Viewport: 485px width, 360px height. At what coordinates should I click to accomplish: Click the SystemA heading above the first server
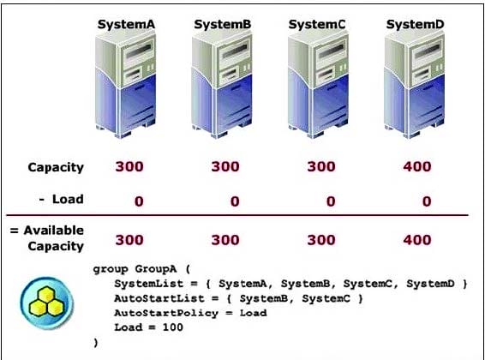click(126, 25)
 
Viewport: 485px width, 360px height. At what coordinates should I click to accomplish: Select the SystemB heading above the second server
click(223, 25)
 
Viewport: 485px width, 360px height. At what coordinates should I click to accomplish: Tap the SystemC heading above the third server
click(317, 25)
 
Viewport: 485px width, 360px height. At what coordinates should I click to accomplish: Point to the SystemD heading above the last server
click(415, 25)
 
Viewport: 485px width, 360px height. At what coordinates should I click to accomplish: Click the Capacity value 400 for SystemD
click(417, 166)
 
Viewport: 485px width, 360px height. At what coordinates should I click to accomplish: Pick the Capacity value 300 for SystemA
click(129, 166)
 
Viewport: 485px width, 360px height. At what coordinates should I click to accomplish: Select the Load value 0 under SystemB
click(235, 201)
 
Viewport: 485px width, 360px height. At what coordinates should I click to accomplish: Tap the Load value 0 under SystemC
click(331, 201)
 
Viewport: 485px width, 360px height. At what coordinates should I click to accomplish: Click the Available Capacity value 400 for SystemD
click(417, 240)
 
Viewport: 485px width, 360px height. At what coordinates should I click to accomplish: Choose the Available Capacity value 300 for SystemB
click(225, 240)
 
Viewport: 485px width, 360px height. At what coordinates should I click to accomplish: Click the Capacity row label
click(56, 168)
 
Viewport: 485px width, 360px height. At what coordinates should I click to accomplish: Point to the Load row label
click(68, 199)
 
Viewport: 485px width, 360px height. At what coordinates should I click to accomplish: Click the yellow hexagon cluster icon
click(47, 302)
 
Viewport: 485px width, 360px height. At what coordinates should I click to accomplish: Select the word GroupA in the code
click(156, 269)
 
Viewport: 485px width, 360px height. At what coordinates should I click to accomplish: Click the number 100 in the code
click(172, 327)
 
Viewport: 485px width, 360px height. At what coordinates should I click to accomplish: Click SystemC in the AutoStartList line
click(326, 298)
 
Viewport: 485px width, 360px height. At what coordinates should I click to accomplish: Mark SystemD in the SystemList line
click(430, 284)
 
